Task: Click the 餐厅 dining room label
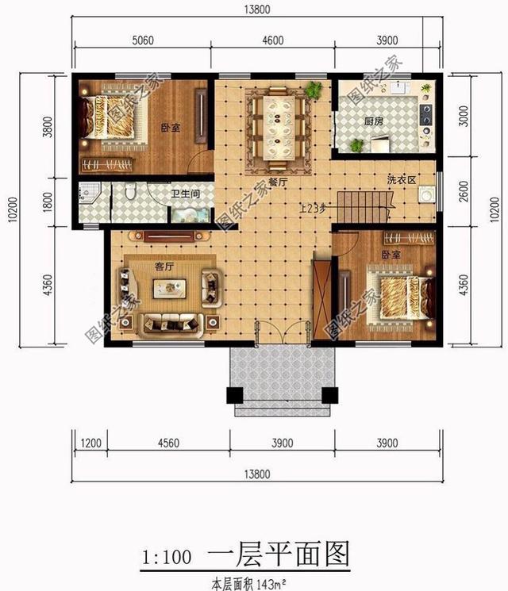click(277, 182)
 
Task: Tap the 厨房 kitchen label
click(375, 121)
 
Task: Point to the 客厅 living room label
click(164, 267)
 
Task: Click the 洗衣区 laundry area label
click(401, 180)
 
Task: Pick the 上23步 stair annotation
click(312, 209)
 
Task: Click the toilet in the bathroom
click(133, 192)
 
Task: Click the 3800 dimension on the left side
click(47, 126)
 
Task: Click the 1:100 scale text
click(166, 557)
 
